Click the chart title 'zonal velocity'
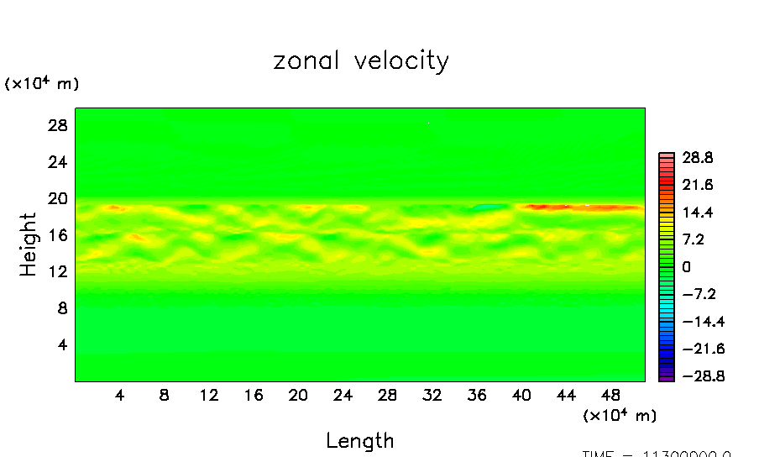click(x=361, y=61)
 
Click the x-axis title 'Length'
click(x=359, y=440)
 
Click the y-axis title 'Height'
click(x=29, y=244)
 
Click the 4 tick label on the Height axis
click(x=60, y=344)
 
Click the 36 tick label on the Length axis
click(x=475, y=395)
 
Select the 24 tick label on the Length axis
click(x=343, y=395)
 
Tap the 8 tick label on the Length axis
click(x=165, y=395)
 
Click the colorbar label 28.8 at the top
click(x=697, y=157)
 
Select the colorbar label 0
click(x=686, y=266)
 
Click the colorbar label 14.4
click(x=697, y=212)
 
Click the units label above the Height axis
click(x=42, y=84)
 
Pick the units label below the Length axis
click(x=620, y=415)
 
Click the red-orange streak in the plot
click(x=579, y=207)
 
